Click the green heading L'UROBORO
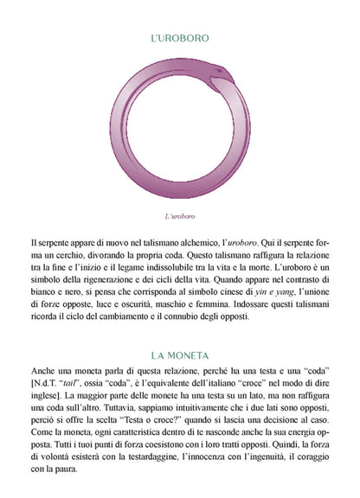(179, 39)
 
